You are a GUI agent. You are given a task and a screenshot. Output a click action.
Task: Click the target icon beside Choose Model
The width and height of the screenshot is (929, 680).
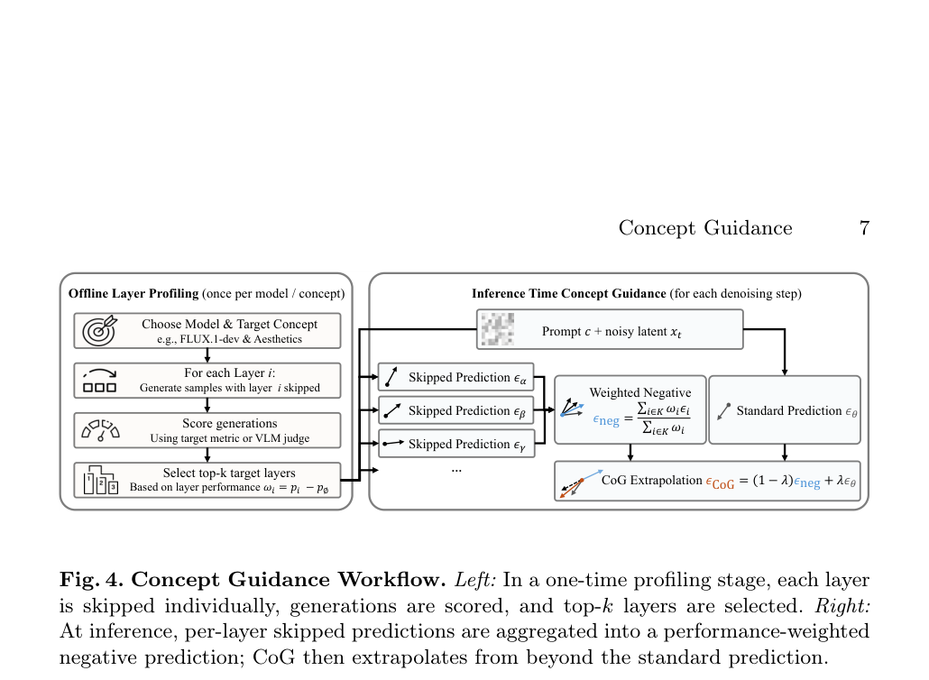click(x=99, y=330)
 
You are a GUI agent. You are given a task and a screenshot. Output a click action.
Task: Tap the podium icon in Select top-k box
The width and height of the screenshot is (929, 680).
click(x=101, y=480)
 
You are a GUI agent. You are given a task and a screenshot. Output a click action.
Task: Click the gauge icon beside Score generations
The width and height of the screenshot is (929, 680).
click(x=101, y=430)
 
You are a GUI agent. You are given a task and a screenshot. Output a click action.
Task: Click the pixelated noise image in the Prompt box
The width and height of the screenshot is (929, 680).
click(x=497, y=329)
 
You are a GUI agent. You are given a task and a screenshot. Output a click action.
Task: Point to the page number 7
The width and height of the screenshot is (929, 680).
click(x=864, y=227)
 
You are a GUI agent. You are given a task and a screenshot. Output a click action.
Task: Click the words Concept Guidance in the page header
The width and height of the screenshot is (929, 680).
click(x=705, y=227)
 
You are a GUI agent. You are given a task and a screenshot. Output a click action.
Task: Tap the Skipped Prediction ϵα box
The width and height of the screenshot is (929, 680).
click(x=456, y=377)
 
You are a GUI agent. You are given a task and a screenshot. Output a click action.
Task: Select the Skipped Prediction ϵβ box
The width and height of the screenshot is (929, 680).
click(x=456, y=410)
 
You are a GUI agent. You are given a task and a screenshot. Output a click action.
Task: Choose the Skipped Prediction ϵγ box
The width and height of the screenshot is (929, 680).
click(x=456, y=444)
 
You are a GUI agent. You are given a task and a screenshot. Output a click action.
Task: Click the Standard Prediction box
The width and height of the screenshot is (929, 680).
click(x=785, y=410)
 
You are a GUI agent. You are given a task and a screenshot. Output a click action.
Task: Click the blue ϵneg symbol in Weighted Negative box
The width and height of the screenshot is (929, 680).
click(x=606, y=420)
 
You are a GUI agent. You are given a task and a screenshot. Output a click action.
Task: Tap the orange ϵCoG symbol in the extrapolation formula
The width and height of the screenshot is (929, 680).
click(x=720, y=482)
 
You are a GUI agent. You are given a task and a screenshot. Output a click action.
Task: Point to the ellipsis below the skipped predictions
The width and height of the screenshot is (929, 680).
click(x=456, y=470)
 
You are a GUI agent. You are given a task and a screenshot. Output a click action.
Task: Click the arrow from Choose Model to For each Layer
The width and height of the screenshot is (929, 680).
click(x=207, y=355)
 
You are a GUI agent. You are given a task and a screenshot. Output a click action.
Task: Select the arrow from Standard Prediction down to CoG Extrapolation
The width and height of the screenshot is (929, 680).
click(x=785, y=453)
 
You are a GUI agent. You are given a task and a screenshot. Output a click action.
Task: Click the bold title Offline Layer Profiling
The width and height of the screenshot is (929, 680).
click(x=133, y=293)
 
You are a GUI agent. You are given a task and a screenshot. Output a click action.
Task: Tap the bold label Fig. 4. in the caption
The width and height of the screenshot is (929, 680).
click(x=92, y=579)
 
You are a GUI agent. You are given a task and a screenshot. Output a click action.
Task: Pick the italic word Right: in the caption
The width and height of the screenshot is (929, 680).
click(x=842, y=605)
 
